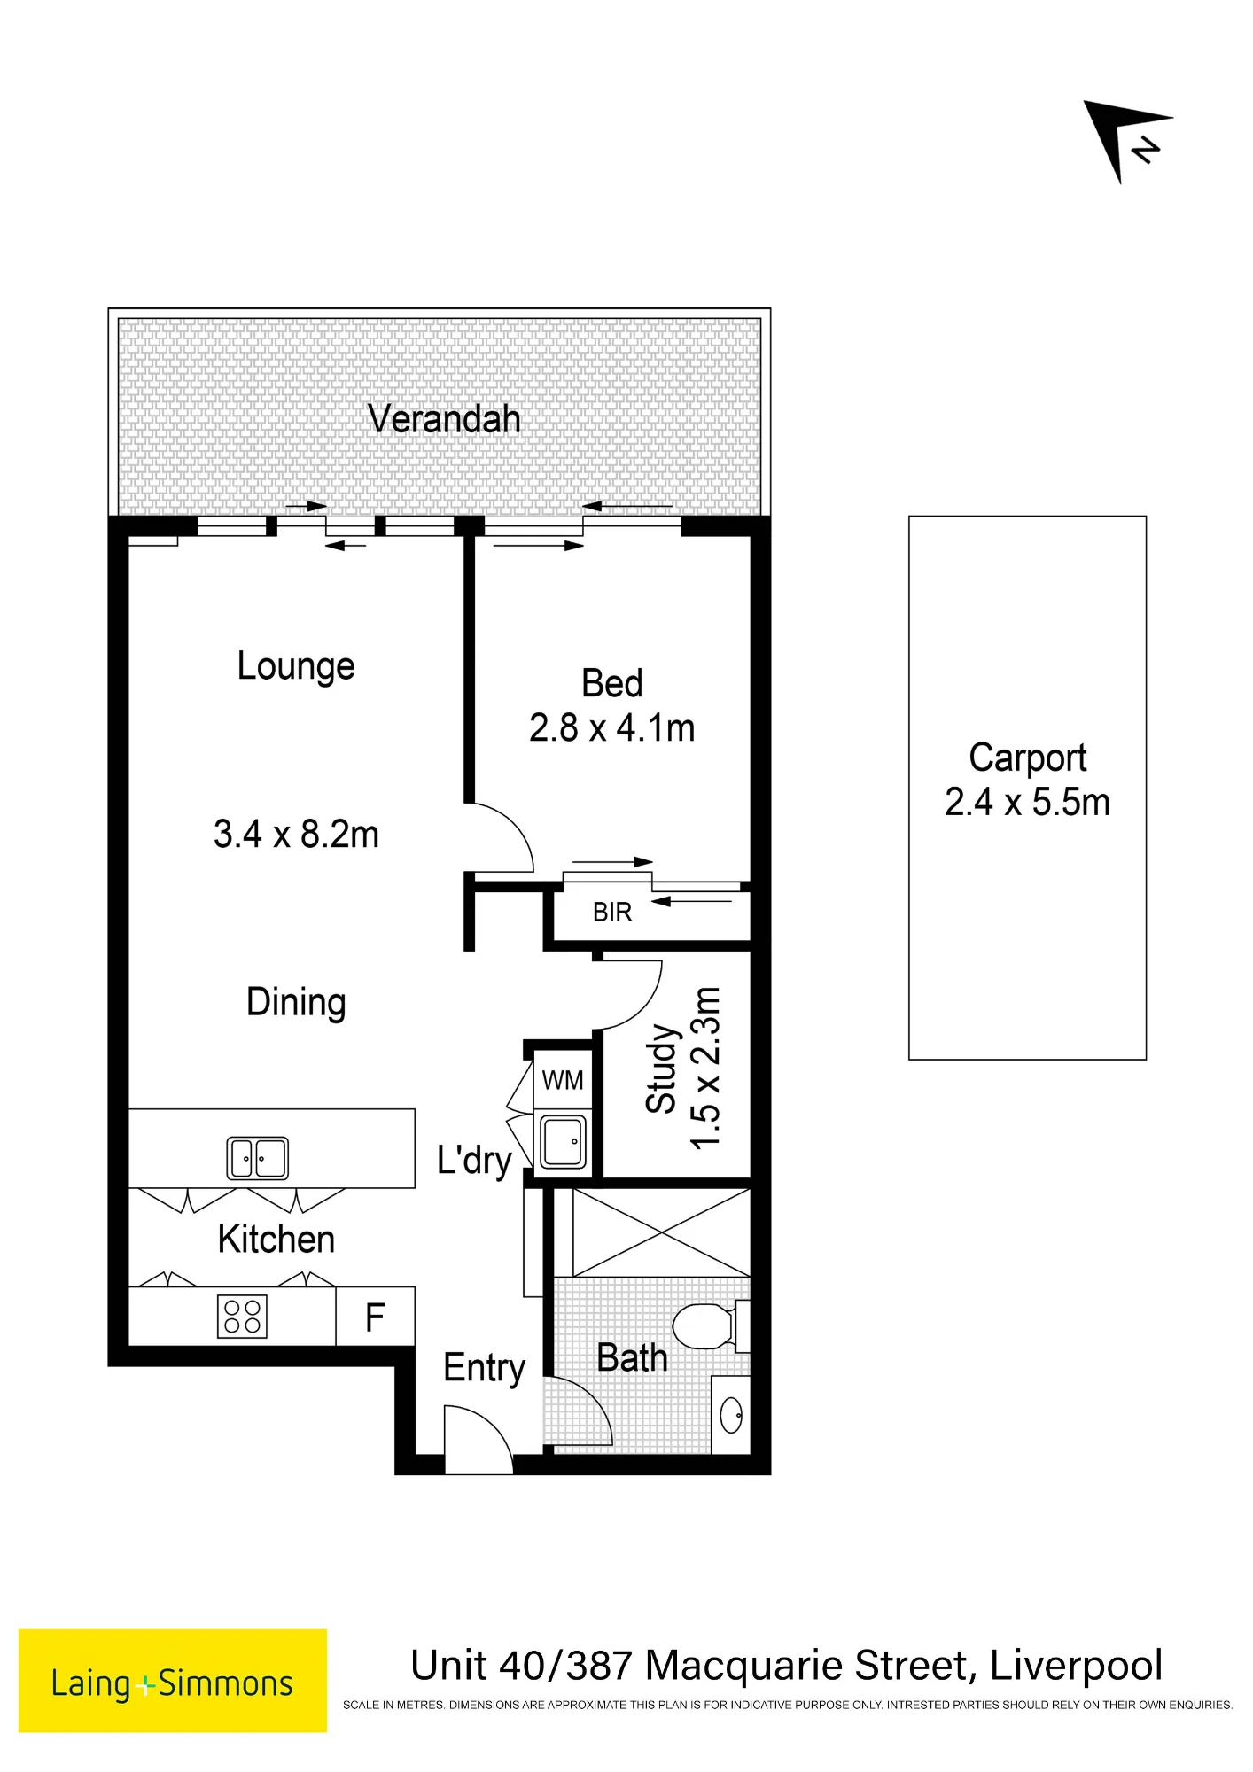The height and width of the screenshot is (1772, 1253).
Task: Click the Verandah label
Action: point(444,419)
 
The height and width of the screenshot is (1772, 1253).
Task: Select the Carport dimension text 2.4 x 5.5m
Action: point(1027,802)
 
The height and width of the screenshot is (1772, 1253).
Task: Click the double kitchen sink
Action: point(258,1158)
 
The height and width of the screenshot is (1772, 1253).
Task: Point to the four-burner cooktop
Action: point(242,1317)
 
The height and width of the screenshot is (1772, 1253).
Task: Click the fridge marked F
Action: point(375,1317)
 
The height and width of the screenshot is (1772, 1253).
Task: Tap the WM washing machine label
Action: point(563,1080)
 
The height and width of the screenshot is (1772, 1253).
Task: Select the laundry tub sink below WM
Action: point(564,1142)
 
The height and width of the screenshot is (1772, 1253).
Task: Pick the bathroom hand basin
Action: point(732,1415)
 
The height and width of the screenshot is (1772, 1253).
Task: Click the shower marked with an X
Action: point(662,1232)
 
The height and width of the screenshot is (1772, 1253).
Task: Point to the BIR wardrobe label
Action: point(612,913)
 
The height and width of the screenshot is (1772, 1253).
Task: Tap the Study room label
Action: point(662,1069)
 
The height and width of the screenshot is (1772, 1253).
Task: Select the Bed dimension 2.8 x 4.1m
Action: point(612,728)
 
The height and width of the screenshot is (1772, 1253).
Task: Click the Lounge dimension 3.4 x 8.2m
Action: point(296,835)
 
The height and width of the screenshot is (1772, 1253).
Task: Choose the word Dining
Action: point(296,1003)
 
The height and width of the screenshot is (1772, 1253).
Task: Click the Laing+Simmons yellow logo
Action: point(173,1681)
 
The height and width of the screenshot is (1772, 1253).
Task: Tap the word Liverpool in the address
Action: point(1076,1666)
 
